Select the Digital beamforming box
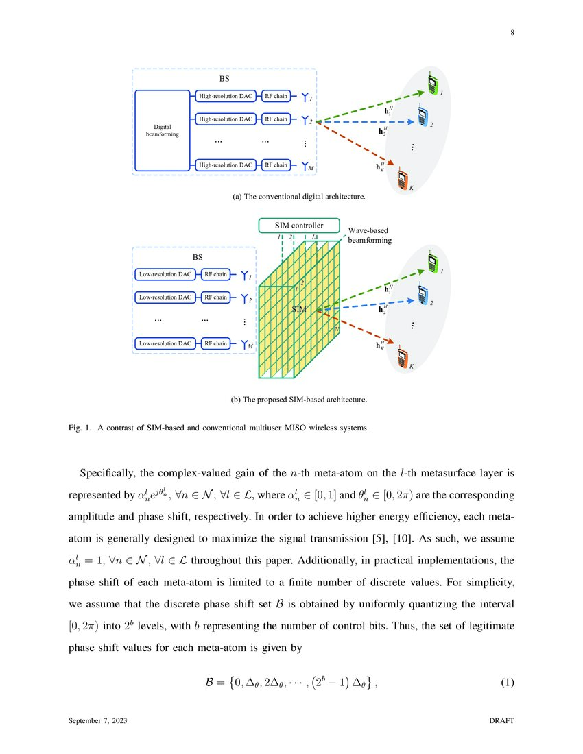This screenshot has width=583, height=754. [x=163, y=130]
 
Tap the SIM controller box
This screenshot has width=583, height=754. [x=299, y=225]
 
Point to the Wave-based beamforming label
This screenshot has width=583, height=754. [x=370, y=236]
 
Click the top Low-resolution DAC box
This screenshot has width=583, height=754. [x=165, y=275]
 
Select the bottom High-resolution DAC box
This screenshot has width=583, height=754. [x=225, y=165]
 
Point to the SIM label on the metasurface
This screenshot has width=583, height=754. [x=298, y=310]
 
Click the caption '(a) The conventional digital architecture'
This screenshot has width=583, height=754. [x=299, y=197]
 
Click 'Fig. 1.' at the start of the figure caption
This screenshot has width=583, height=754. [x=80, y=429]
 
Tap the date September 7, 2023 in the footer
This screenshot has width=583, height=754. [x=97, y=722]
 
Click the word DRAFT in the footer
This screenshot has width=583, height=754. [x=501, y=722]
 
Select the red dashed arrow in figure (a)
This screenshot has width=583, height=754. [x=357, y=145]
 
